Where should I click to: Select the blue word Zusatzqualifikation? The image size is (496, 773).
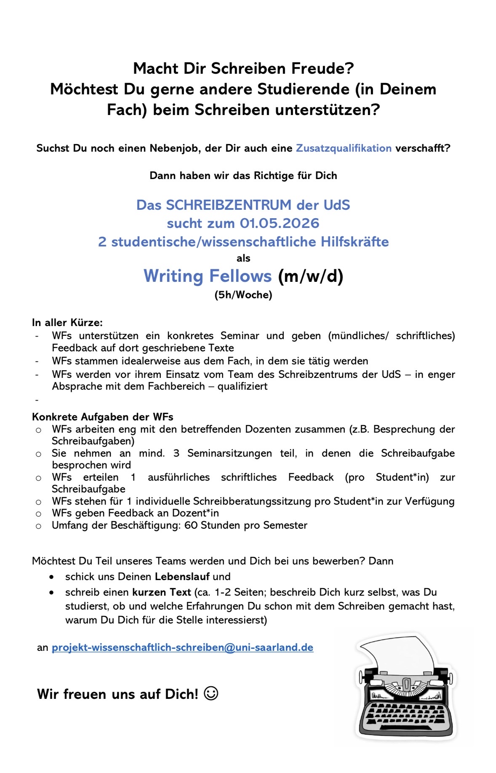pyautogui.click(x=344, y=148)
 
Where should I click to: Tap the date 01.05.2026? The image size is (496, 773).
pyautogui.click(x=280, y=223)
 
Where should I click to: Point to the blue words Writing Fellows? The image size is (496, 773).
pyautogui.click(x=208, y=276)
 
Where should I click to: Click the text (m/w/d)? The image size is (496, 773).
pyautogui.click(x=311, y=276)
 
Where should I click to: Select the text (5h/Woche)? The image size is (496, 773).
pyautogui.click(x=243, y=295)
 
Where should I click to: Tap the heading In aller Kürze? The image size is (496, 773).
pyautogui.click(x=67, y=323)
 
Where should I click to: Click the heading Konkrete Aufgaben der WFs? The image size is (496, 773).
pyautogui.click(x=103, y=417)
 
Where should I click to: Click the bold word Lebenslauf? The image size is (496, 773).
pyautogui.click(x=182, y=577)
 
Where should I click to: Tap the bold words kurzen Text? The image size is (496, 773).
pyautogui.click(x=161, y=592)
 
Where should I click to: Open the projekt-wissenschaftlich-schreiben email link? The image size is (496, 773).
pyautogui.click(x=182, y=647)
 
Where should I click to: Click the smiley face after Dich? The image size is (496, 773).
pyautogui.click(x=211, y=693)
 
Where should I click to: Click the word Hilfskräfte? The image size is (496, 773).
pyautogui.click(x=355, y=242)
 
